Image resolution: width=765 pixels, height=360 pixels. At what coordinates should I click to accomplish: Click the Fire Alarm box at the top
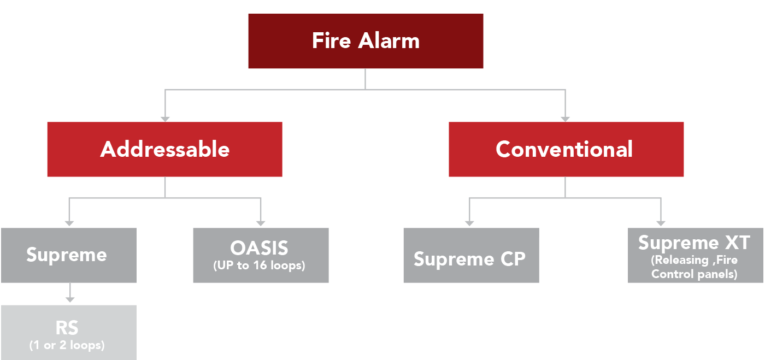[366, 41]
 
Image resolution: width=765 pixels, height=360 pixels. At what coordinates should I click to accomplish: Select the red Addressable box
[164, 149]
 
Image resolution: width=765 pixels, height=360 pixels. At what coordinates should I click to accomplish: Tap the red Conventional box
[566, 149]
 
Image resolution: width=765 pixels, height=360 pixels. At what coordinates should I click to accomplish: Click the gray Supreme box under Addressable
[68, 255]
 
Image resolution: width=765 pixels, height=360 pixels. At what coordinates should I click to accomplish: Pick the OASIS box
[261, 255]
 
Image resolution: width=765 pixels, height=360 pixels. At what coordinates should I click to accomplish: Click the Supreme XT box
[695, 255]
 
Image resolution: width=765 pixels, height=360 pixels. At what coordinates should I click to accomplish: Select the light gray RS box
[68, 332]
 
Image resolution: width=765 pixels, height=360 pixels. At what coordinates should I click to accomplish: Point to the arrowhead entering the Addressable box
[164, 118]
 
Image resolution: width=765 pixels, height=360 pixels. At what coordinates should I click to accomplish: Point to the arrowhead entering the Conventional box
[566, 118]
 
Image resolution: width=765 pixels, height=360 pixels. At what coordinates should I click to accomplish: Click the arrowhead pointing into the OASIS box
[261, 223]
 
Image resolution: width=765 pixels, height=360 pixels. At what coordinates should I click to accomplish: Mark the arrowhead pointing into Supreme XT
[661, 223]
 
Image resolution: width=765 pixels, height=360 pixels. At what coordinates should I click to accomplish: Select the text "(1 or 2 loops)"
[67, 345]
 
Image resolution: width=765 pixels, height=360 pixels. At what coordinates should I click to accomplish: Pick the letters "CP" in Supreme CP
[512, 259]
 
